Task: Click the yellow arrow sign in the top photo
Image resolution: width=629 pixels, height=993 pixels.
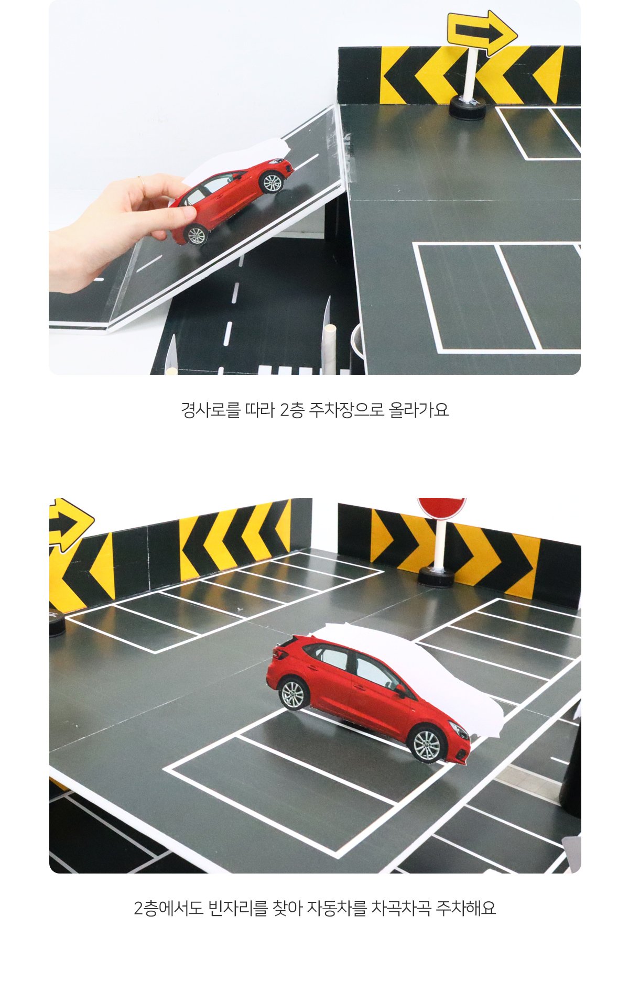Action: click(482, 32)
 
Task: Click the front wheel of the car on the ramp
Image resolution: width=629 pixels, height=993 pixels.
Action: click(271, 182)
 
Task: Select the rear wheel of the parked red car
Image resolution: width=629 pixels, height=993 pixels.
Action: click(292, 693)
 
